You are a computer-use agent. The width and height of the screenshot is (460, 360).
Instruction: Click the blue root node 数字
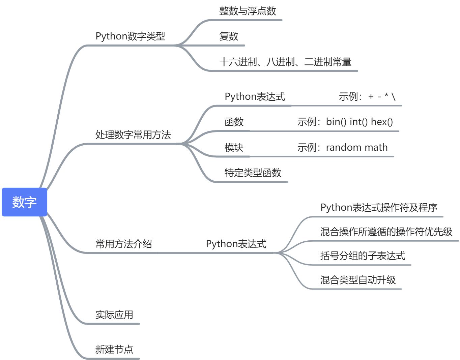click(24, 202)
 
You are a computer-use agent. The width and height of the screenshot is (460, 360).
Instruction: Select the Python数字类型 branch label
click(130, 36)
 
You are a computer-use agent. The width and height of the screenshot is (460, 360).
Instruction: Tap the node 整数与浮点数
click(248, 11)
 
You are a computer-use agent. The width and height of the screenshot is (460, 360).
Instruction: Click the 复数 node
click(229, 36)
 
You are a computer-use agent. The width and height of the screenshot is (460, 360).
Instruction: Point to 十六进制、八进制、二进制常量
click(285, 62)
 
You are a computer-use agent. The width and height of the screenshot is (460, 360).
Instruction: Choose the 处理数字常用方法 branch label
click(133, 135)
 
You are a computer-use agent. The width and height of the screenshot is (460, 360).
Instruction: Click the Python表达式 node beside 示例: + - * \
click(255, 97)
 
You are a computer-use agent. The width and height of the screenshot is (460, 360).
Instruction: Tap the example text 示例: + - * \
click(367, 97)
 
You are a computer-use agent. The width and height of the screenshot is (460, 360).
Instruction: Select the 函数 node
click(234, 122)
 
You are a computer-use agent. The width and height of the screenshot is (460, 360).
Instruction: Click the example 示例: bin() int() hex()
click(345, 122)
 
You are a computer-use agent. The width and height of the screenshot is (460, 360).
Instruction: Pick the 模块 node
click(234, 147)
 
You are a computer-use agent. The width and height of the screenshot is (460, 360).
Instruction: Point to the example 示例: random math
click(342, 147)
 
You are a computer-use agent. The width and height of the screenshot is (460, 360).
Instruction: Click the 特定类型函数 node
click(253, 173)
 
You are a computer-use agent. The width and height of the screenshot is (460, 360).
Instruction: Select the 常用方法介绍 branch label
click(123, 244)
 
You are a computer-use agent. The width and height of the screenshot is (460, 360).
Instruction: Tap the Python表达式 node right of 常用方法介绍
click(236, 244)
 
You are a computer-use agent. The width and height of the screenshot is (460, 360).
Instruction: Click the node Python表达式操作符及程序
click(379, 207)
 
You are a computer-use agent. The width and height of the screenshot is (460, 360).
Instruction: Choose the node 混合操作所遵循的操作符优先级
click(386, 232)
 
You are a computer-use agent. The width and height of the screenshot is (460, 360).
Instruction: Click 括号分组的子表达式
click(363, 256)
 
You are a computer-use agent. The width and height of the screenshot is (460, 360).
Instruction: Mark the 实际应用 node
click(114, 315)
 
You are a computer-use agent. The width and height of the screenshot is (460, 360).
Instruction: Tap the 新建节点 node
click(114, 349)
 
